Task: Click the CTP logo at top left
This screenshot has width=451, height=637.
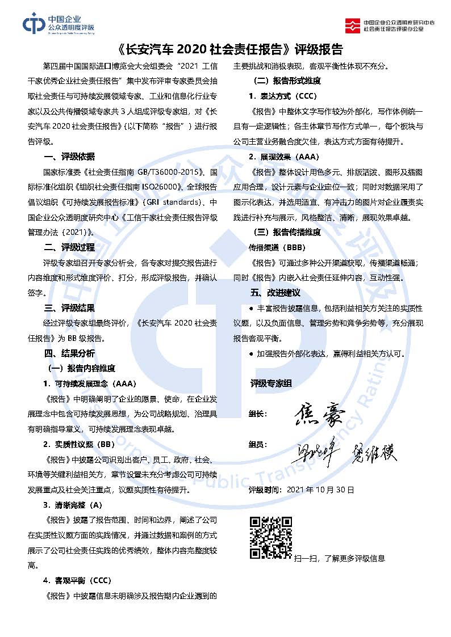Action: click(x=58, y=23)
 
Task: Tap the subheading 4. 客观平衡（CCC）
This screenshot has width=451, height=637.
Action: click(x=77, y=580)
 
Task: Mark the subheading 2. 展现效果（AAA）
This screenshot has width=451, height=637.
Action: click(x=285, y=156)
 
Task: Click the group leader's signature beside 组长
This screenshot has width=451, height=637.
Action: click(x=319, y=415)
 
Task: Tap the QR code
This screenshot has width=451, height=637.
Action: click(x=271, y=537)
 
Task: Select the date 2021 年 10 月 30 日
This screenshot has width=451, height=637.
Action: click(x=321, y=488)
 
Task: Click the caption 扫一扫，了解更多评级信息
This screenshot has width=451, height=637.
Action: click(x=340, y=559)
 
